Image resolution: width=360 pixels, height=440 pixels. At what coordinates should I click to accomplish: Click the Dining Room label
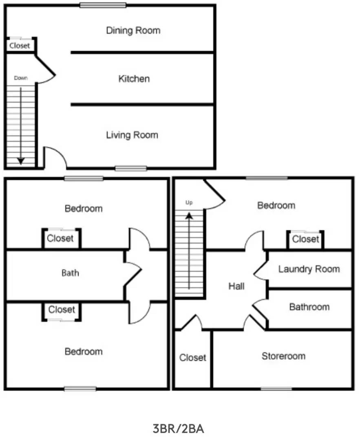pyautogui.click(x=133, y=30)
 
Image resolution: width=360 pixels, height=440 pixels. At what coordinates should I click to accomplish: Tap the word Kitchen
pyautogui.click(x=134, y=79)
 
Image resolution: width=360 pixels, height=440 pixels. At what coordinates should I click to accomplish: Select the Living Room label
pyautogui.click(x=132, y=135)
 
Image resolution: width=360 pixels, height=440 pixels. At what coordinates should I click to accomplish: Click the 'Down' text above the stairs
pyautogui.click(x=21, y=78)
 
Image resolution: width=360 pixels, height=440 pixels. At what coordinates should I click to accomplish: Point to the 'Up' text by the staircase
pyautogui.click(x=189, y=202)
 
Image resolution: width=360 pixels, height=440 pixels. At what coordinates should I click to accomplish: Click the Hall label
pyautogui.click(x=236, y=286)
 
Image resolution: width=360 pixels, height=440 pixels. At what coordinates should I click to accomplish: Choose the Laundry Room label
pyautogui.click(x=309, y=269)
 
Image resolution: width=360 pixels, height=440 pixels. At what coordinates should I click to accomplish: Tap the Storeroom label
pyautogui.click(x=283, y=356)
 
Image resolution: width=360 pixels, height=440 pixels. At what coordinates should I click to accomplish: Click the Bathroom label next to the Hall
pyautogui.click(x=309, y=307)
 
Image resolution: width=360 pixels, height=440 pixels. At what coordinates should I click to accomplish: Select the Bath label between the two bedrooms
pyautogui.click(x=70, y=273)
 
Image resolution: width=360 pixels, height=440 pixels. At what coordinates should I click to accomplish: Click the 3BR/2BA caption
pyautogui.click(x=178, y=429)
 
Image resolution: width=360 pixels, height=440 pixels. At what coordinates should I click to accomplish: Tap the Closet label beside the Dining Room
pyautogui.click(x=20, y=46)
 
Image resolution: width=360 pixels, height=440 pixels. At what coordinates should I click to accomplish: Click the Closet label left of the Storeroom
pyautogui.click(x=192, y=358)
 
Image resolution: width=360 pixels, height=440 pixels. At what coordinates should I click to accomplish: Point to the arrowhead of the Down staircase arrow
pyautogui.click(x=21, y=161)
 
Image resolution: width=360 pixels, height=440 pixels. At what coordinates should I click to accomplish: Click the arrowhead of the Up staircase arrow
pyautogui.click(x=189, y=216)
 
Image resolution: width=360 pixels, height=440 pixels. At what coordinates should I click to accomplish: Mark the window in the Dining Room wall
pyautogui.click(x=103, y=5)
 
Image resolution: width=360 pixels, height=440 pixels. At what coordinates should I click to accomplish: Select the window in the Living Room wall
pyautogui.click(x=131, y=168)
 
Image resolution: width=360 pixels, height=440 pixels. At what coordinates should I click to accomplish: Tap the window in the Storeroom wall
pyautogui.click(x=276, y=389)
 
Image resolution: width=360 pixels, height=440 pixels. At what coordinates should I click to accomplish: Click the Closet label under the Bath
pyautogui.click(x=62, y=310)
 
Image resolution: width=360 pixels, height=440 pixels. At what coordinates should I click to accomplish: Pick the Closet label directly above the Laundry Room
pyautogui.click(x=305, y=239)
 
